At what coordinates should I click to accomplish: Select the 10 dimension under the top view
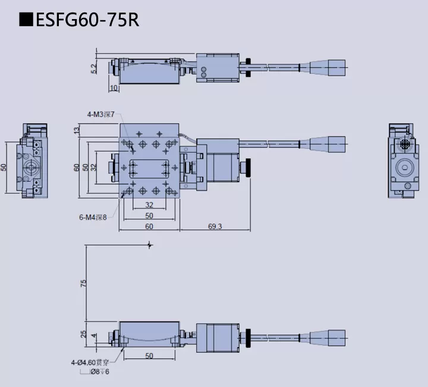point(114,88)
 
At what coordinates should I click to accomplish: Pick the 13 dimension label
point(77,130)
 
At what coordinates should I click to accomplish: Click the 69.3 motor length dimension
point(215,226)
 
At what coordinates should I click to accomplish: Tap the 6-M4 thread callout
point(92,217)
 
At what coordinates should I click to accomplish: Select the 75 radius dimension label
point(84,283)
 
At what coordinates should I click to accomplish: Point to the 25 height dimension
point(84,335)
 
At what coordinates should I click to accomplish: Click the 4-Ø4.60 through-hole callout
point(95,361)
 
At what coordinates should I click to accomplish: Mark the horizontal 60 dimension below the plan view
point(149,226)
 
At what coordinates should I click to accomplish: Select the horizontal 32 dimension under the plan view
point(149,205)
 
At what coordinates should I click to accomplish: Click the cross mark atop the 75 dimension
point(149,244)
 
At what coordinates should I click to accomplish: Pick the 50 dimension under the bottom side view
point(149,355)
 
